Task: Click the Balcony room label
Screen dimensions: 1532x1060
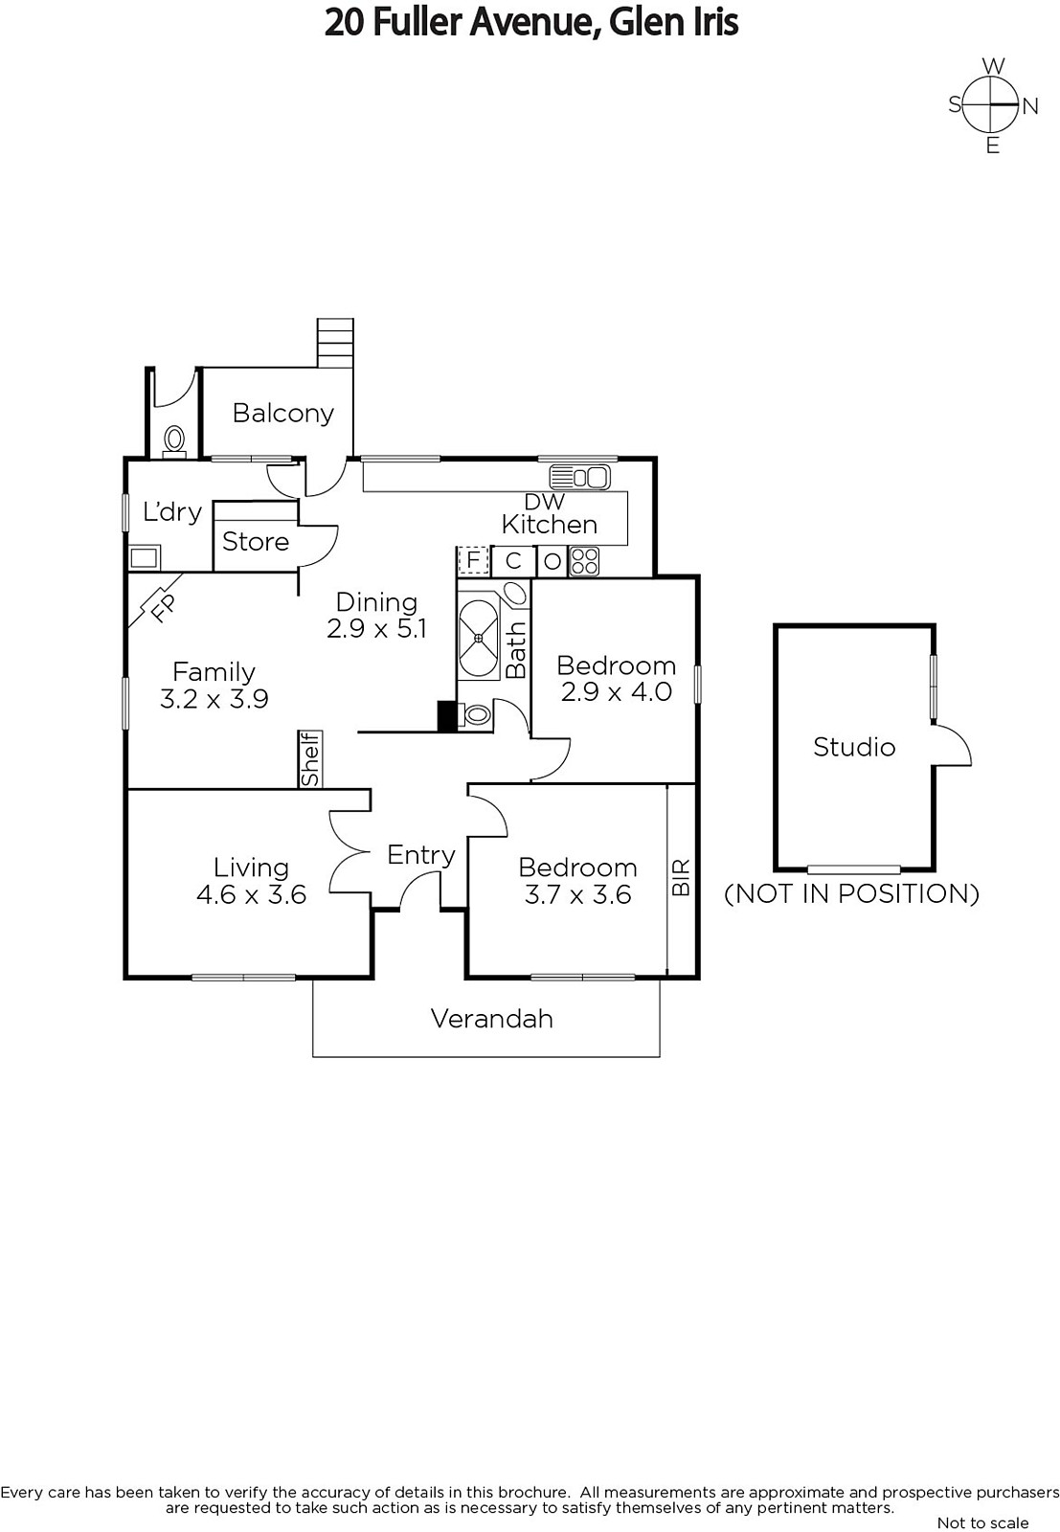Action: (282, 413)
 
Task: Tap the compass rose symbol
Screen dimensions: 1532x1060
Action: (992, 104)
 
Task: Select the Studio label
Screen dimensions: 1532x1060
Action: (854, 747)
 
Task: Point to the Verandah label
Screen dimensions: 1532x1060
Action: (491, 1018)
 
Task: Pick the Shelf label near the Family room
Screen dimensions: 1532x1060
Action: (310, 759)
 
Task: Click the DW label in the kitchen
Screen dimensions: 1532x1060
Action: (545, 501)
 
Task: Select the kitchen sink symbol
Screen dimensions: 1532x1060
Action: (579, 476)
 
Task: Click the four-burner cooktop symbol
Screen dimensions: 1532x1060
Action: (583, 561)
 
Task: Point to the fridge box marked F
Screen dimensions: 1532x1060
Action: (472, 560)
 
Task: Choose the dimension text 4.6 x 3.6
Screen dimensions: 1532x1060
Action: (251, 894)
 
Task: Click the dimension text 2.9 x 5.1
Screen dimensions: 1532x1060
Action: (376, 628)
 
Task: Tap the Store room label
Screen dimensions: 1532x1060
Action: (255, 542)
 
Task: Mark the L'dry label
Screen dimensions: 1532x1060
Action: (171, 511)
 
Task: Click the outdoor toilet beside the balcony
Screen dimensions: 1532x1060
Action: (174, 440)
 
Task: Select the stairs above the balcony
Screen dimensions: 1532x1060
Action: (335, 342)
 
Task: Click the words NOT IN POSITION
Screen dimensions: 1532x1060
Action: (851, 893)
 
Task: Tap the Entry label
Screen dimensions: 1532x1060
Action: (420, 854)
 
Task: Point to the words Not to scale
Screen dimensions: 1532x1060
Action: (982, 1522)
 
